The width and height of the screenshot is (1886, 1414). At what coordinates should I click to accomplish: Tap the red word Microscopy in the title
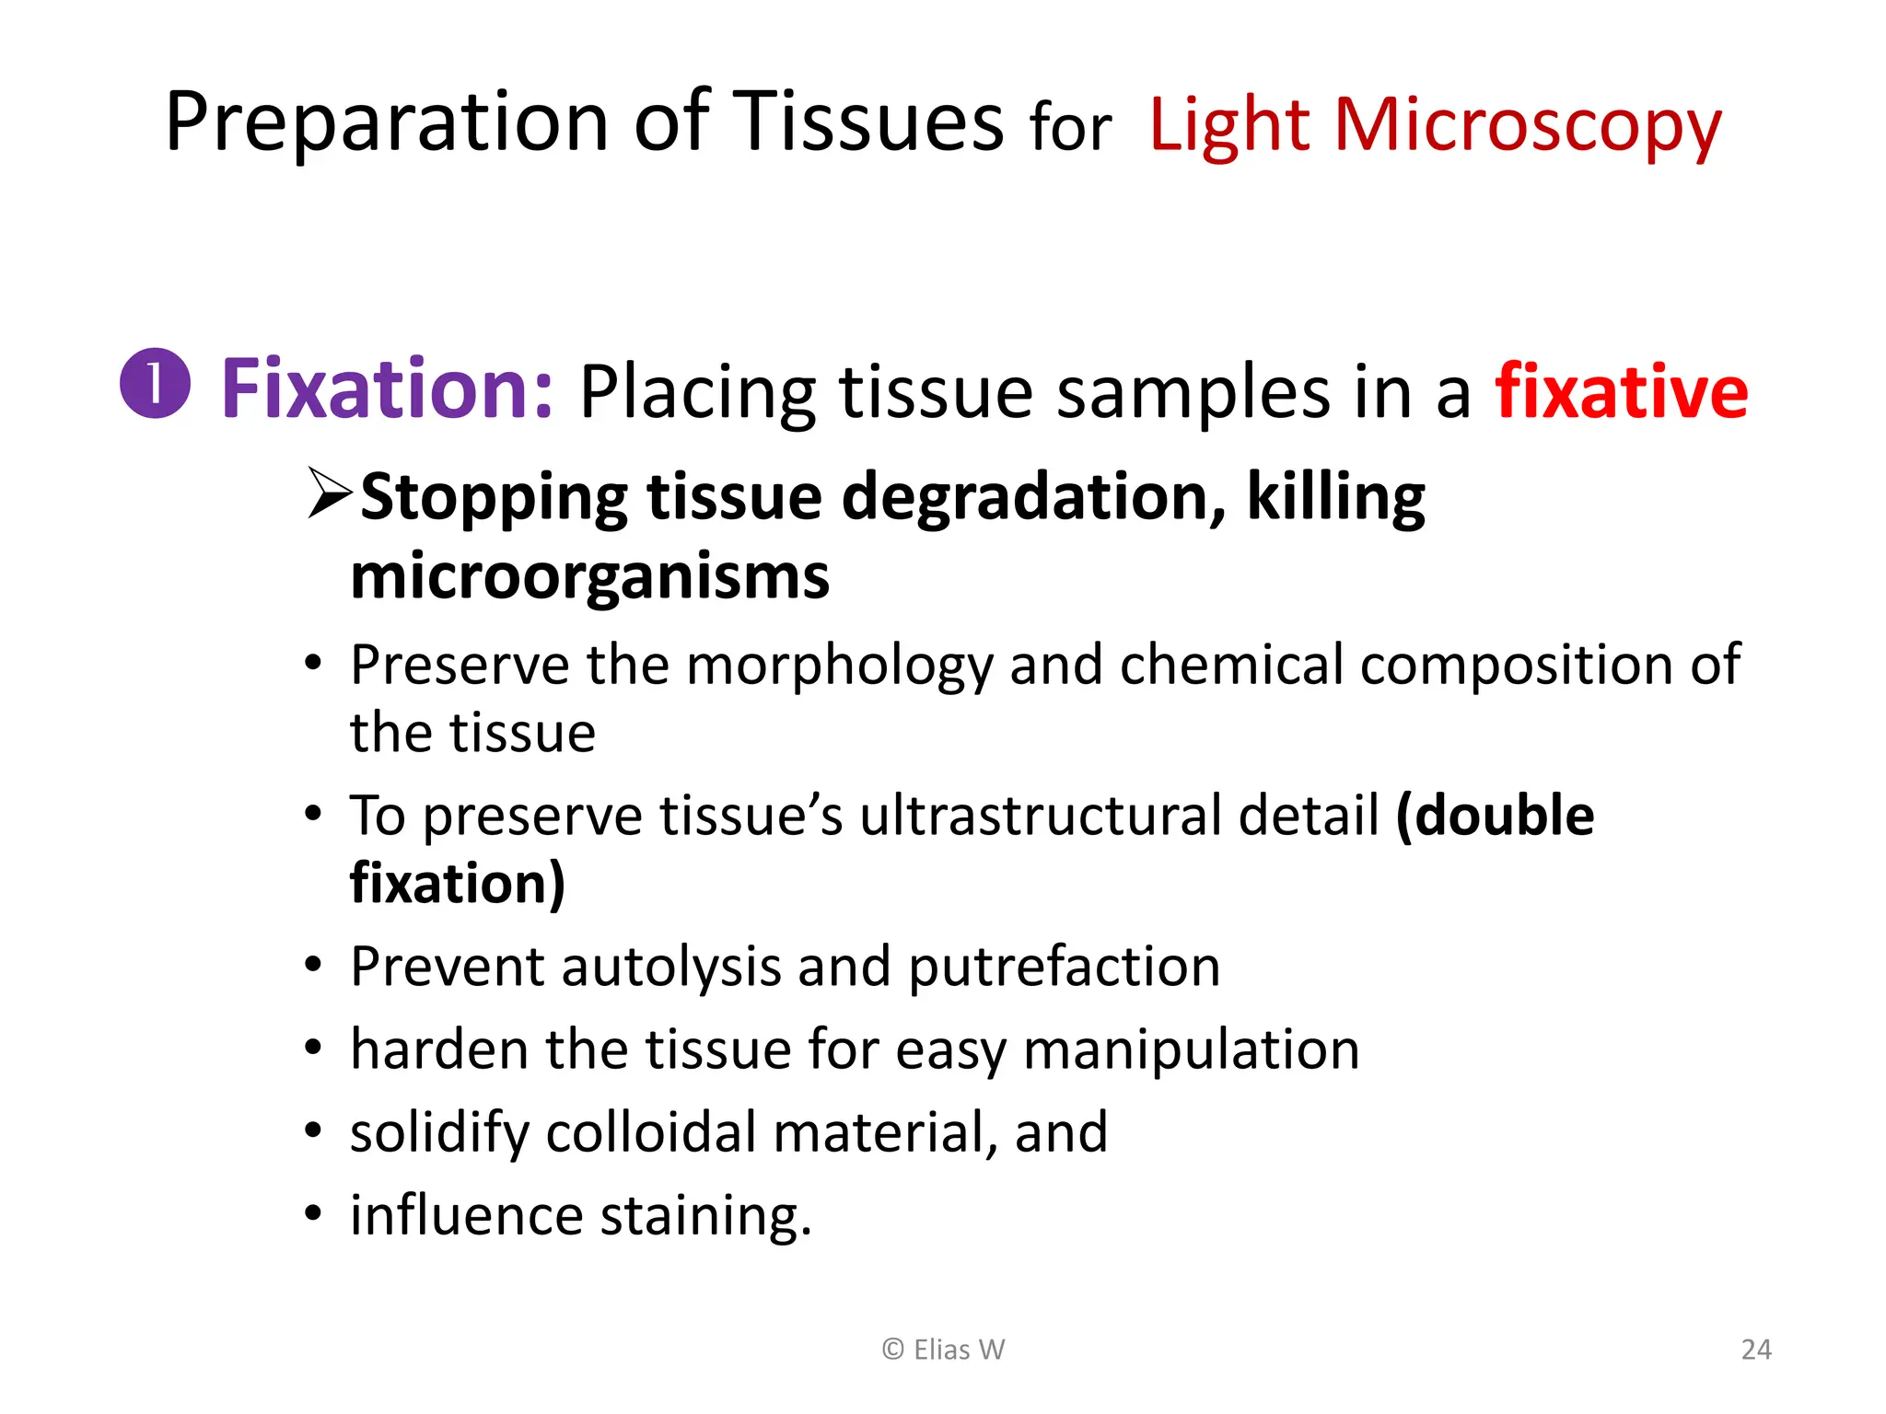1528,125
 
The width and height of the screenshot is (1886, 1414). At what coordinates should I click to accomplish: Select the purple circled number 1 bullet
155,384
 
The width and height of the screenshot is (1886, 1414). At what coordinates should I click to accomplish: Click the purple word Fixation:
387,389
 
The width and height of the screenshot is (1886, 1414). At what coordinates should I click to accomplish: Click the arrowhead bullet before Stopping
330,494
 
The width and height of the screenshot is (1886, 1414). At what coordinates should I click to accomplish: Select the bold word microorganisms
590,577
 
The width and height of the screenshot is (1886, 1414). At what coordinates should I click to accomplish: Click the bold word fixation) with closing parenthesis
458,883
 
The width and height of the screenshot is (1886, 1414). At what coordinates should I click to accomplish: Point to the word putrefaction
1064,967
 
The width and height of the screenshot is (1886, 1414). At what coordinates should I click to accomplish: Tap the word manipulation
1191,1049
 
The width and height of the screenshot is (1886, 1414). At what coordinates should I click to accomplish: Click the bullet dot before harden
314,1049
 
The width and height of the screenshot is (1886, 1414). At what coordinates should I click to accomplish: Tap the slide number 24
1756,1350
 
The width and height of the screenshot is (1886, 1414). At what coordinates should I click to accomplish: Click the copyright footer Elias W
943,1350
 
